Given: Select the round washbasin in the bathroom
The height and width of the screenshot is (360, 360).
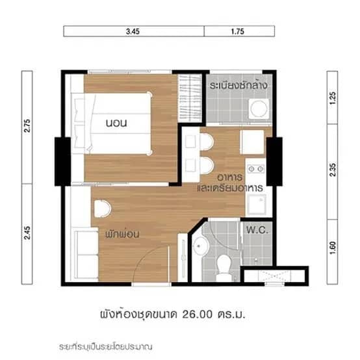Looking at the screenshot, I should pos(201,246).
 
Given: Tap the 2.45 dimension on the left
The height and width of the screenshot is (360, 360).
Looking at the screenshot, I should pos(27,233).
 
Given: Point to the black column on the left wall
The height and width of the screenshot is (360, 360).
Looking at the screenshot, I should pos(63,160).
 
